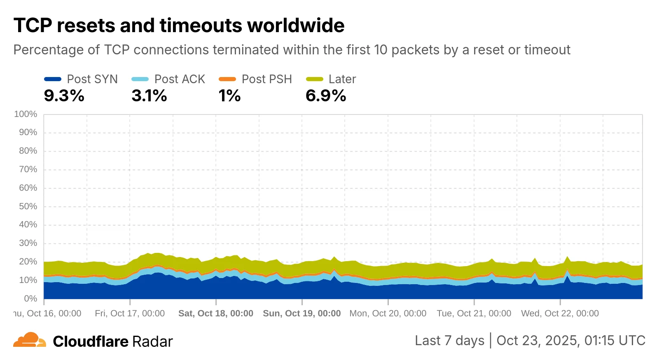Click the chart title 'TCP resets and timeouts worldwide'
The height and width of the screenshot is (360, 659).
179,26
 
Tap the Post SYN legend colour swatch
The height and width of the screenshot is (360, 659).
52,79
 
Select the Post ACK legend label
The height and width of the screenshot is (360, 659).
180,79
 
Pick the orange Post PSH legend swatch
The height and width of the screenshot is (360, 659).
227,79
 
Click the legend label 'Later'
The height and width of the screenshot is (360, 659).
342,79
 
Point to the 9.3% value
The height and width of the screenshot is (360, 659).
64,96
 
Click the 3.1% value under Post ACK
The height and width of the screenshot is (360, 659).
149,96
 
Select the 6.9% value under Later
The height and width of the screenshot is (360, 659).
325,96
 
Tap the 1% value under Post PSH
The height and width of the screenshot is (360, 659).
229,96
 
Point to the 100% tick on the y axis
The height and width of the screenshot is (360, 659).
26,114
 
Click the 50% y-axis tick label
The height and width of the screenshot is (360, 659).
28,206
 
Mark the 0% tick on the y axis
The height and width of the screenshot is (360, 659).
30,299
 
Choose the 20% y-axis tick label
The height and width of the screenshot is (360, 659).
28,262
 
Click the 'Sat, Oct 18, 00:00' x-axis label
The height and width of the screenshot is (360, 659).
216,313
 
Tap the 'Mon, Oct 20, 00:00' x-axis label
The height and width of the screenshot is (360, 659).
388,313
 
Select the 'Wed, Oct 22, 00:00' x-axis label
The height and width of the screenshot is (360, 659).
560,313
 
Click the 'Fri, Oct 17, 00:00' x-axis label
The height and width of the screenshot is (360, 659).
130,313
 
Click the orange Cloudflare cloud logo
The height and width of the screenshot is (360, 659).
29,340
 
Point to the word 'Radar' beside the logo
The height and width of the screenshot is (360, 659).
152,341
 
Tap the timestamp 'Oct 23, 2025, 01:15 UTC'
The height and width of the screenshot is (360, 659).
570,341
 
